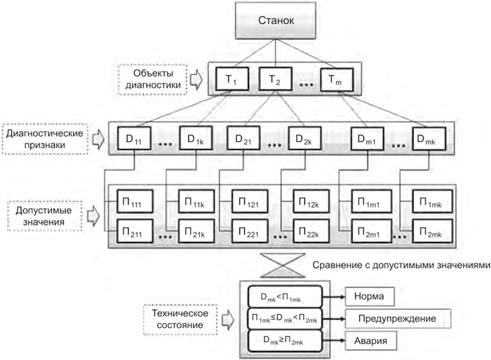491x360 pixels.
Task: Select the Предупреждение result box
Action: pos(396,319)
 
